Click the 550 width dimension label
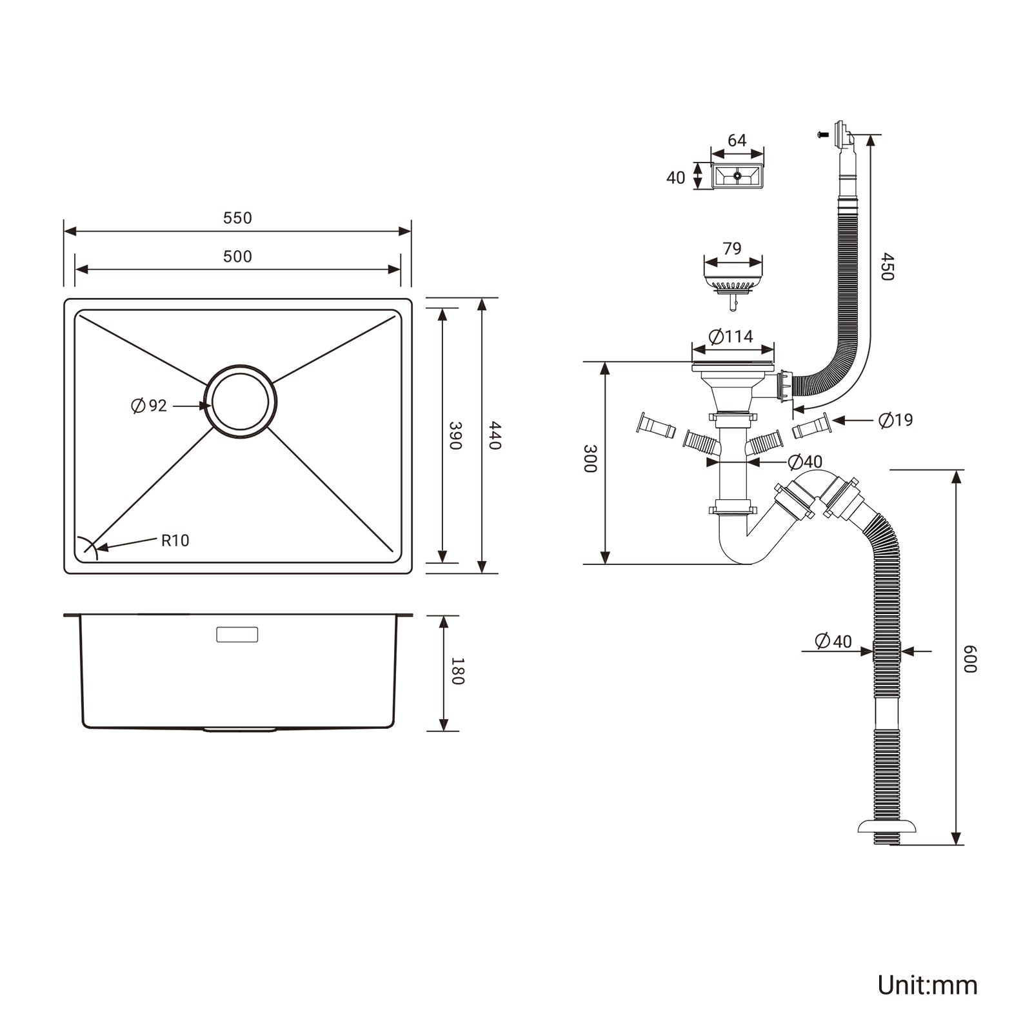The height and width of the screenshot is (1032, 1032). tap(237, 218)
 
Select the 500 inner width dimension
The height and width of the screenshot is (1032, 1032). tap(237, 257)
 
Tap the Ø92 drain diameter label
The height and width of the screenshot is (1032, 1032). tap(149, 406)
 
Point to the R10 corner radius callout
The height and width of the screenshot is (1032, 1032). tap(175, 541)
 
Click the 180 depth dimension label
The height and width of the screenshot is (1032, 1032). tap(456, 671)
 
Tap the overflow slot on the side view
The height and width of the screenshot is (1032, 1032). tap(237, 634)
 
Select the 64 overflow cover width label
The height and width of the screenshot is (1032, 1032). tap(737, 141)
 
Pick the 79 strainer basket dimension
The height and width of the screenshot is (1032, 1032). tap(732, 248)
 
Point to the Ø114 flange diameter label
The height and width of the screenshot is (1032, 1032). tap(731, 337)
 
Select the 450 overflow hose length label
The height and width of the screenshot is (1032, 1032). tap(886, 266)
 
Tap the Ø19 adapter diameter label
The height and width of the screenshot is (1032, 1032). tap(896, 421)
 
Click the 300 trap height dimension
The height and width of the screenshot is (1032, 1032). tap(590, 458)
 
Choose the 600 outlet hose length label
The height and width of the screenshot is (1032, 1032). tap(971, 659)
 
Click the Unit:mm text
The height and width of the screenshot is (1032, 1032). tap(927, 985)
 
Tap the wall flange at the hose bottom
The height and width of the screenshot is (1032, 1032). tap(888, 828)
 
